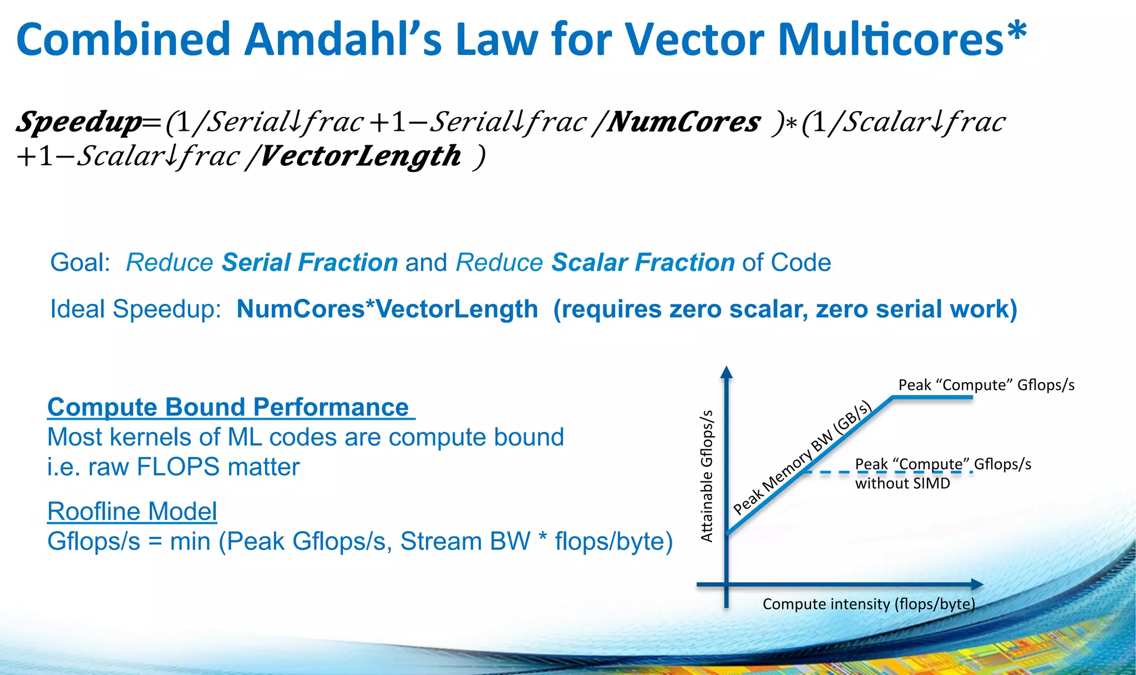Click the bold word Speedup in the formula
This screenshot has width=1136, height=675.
pyautogui.click(x=79, y=122)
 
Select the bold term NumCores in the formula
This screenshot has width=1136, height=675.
pyautogui.click(x=683, y=122)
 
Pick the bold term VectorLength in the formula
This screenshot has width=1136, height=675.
pyautogui.click(x=360, y=156)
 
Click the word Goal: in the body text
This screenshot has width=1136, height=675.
pyautogui.click(x=80, y=262)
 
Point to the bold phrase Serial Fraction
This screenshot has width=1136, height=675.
pyautogui.click(x=310, y=262)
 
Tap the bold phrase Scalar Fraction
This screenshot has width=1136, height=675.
pyautogui.click(x=643, y=262)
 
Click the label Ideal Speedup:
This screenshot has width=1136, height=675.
pyautogui.click(x=135, y=309)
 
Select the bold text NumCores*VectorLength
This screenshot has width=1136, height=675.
pyautogui.click(x=387, y=309)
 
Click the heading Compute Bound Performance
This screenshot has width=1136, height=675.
pyautogui.click(x=228, y=407)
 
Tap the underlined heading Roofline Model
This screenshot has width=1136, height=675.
pyautogui.click(x=132, y=511)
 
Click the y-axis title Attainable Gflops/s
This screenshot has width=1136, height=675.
pyautogui.click(x=706, y=476)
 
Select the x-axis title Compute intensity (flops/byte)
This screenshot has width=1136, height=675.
pyautogui.click(x=868, y=604)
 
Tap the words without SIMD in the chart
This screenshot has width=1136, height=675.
pyautogui.click(x=902, y=484)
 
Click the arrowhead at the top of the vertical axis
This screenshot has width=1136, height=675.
pyautogui.click(x=727, y=372)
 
